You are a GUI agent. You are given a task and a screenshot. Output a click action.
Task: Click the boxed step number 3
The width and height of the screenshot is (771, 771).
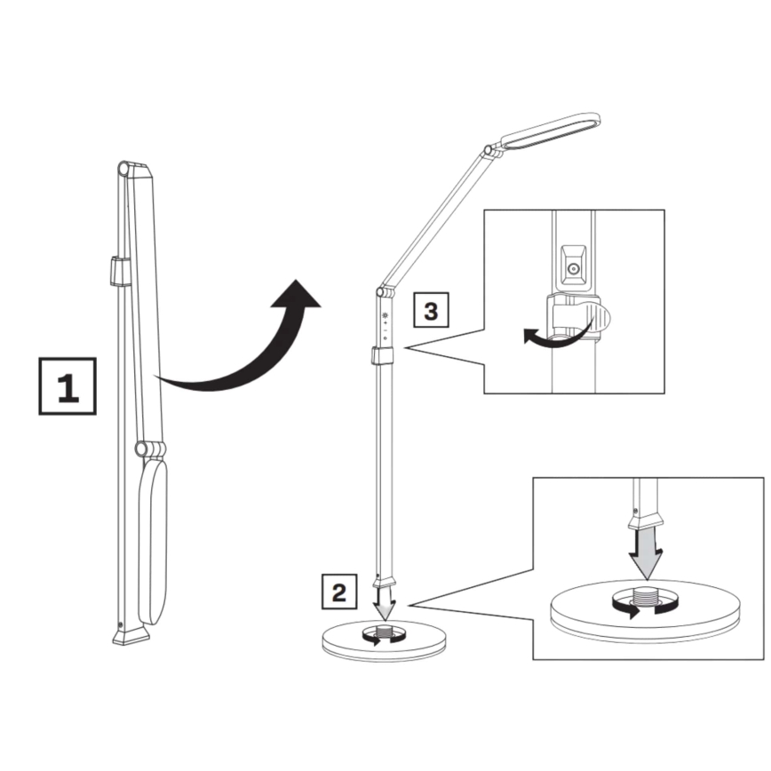coord(431,311)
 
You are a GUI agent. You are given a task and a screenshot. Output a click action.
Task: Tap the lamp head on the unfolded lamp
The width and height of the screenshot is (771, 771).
coord(549,130)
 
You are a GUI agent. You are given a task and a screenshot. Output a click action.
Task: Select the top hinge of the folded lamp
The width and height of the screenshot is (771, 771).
coord(127,169)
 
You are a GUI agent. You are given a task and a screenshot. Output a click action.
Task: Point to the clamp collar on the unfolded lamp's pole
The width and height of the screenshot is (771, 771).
coord(383,357)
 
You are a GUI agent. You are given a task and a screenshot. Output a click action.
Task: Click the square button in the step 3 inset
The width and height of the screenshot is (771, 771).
coord(574,269)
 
